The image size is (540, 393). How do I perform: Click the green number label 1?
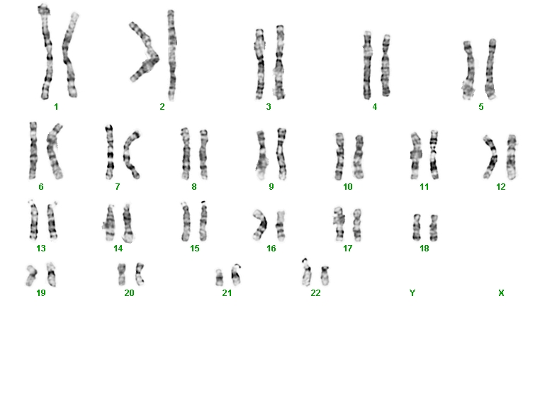(x=56, y=107)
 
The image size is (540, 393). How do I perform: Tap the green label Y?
(x=412, y=293)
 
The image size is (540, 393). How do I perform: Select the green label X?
(x=501, y=293)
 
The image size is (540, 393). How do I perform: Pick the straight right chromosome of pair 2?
(x=171, y=55)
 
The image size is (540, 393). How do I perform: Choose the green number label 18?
(x=424, y=248)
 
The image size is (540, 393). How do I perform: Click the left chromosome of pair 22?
(x=306, y=272)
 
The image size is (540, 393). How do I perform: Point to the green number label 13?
(x=41, y=248)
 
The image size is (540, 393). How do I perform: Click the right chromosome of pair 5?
(x=490, y=69)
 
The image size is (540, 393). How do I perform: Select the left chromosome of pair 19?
(x=31, y=275)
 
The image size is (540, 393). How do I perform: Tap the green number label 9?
(x=271, y=186)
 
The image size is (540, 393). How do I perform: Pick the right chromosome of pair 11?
(x=434, y=155)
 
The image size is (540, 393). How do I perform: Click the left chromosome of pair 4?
(x=367, y=65)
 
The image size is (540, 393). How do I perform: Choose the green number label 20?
(x=129, y=293)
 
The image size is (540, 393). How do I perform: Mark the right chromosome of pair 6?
(x=55, y=152)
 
